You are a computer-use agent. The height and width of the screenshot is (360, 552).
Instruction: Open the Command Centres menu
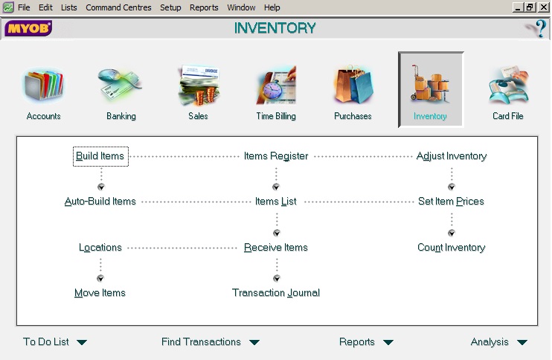[118, 7]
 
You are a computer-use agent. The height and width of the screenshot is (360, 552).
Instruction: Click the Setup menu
[170, 7]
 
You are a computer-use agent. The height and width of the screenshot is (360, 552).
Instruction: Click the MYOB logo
[28, 28]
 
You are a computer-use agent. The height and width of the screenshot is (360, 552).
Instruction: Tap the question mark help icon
[537, 28]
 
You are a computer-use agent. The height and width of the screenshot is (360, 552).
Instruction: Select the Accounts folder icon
[44, 86]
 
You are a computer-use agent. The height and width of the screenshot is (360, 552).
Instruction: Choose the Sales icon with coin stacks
[198, 86]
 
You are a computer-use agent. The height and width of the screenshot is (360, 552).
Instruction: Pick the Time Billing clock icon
[276, 86]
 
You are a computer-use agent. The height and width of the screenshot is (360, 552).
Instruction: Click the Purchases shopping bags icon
[353, 85]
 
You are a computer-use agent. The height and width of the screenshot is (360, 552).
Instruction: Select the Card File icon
[508, 85]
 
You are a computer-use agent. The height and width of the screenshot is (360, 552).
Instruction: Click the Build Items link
[100, 156]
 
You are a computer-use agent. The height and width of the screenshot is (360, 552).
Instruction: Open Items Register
[276, 156]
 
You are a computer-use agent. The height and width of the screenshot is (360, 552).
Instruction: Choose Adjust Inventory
[452, 156]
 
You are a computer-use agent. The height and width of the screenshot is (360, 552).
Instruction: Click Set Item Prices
[451, 202]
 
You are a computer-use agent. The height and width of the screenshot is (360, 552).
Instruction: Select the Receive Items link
[276, 248]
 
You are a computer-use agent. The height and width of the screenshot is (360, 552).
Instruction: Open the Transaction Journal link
[276, 293]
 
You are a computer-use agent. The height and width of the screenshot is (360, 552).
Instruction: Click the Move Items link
[100, 293]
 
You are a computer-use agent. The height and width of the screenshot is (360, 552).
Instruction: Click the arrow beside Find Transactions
[254, 342]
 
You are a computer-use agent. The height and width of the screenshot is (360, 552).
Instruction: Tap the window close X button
[544, 7]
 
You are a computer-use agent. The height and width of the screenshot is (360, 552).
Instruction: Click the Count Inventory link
[452, 248]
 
